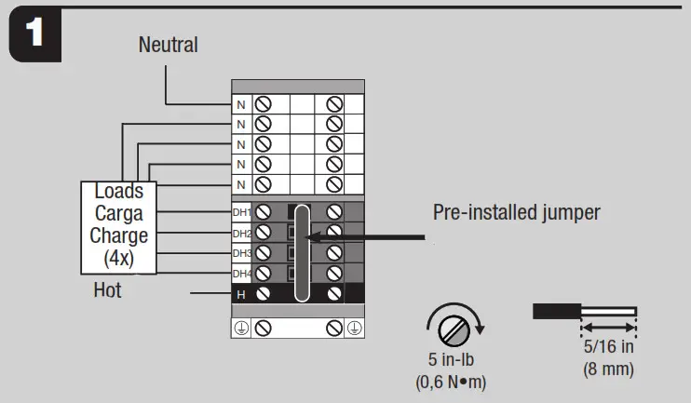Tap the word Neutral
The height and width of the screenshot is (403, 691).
pos(168,44)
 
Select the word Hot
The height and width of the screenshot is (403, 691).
pos(108,290)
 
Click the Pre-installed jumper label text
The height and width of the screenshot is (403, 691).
pos(516,212)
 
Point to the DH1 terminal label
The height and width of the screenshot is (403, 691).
pos(241,213)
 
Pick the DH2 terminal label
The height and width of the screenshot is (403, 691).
pos(241,233)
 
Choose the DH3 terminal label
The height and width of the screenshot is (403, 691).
pos(241,253)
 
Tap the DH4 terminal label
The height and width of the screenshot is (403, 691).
pos(241,274)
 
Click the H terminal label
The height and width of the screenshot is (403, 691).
pos(241,294)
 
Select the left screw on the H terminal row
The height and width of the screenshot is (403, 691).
pos(264,294)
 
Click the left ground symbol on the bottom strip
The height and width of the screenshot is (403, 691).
pos(241,328)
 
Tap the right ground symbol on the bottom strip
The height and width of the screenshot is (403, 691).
pos(354,328)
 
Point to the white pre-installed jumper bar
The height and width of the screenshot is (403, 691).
pos(301,252)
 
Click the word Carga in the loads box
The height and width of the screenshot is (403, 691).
pos(118,213)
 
